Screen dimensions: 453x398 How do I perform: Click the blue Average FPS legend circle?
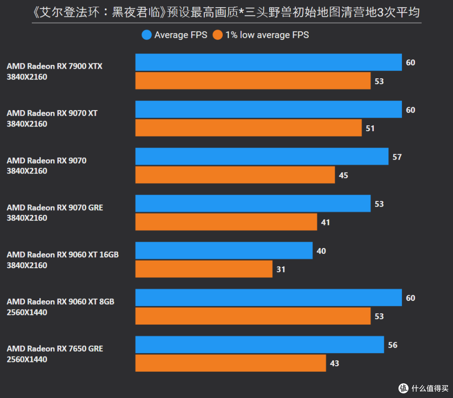(x=146, y=35)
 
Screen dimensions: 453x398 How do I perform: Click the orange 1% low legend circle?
(x=218, y=35)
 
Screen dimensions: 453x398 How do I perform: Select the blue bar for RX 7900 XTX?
(x=268, y=62)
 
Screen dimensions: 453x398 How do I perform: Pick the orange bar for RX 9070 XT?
(x=248, y=128)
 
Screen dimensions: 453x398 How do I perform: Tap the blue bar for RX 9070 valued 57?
(x=262, y=156)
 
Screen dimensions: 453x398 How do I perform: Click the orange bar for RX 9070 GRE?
(x=226, y=222)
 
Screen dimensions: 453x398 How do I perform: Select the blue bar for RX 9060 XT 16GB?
(x=224, y=251)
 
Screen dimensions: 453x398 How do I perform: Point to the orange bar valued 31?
(x=204, y=269)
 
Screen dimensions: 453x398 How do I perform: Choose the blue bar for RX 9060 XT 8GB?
(x=268, y=297)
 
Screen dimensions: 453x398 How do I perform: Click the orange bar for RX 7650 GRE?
(x=231, y=363)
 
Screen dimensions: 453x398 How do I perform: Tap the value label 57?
(x=397, y=157)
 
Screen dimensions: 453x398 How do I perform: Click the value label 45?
(x=344, y=176)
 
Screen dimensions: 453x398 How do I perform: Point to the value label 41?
(x=325, y=222)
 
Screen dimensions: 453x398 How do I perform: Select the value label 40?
(x=321, y=251)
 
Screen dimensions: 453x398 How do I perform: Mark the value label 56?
(x=393, y=345)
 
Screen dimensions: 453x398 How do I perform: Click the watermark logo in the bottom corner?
(x=404, y=388)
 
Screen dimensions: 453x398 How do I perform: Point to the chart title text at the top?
(x=226, y=12)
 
